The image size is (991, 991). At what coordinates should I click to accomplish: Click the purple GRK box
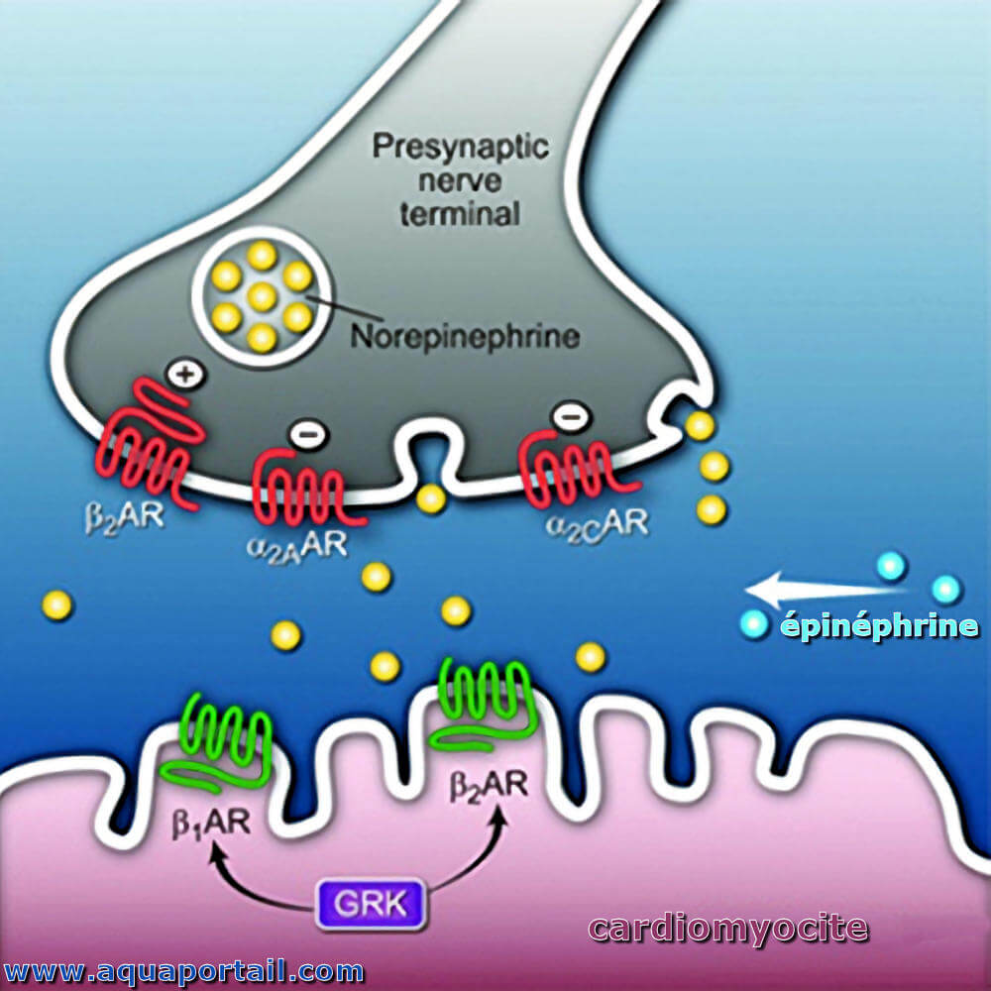click(371, 905)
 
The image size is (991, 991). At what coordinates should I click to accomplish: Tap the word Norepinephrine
click(465, 336)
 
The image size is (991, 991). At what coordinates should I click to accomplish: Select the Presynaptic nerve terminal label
click(460, 180)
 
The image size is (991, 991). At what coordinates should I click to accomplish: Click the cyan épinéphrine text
click(880, 626)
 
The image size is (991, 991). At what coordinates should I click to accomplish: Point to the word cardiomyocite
click(728, 928)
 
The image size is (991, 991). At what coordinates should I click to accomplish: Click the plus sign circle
click(186, 375)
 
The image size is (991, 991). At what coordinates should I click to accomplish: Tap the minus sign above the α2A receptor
click(308, 435)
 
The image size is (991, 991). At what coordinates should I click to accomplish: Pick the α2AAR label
click(296, 547)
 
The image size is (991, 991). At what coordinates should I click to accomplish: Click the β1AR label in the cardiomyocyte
click(211, 823)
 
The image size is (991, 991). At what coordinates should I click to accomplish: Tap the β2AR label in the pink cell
click(488, 786)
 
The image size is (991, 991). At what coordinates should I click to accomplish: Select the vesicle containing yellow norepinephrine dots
click(263, 296)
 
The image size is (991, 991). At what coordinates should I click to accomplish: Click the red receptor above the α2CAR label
click(572, 473)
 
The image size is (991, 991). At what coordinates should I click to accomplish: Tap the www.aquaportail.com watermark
click(183, 970)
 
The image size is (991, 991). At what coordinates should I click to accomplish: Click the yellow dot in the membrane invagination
click(431, 499)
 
